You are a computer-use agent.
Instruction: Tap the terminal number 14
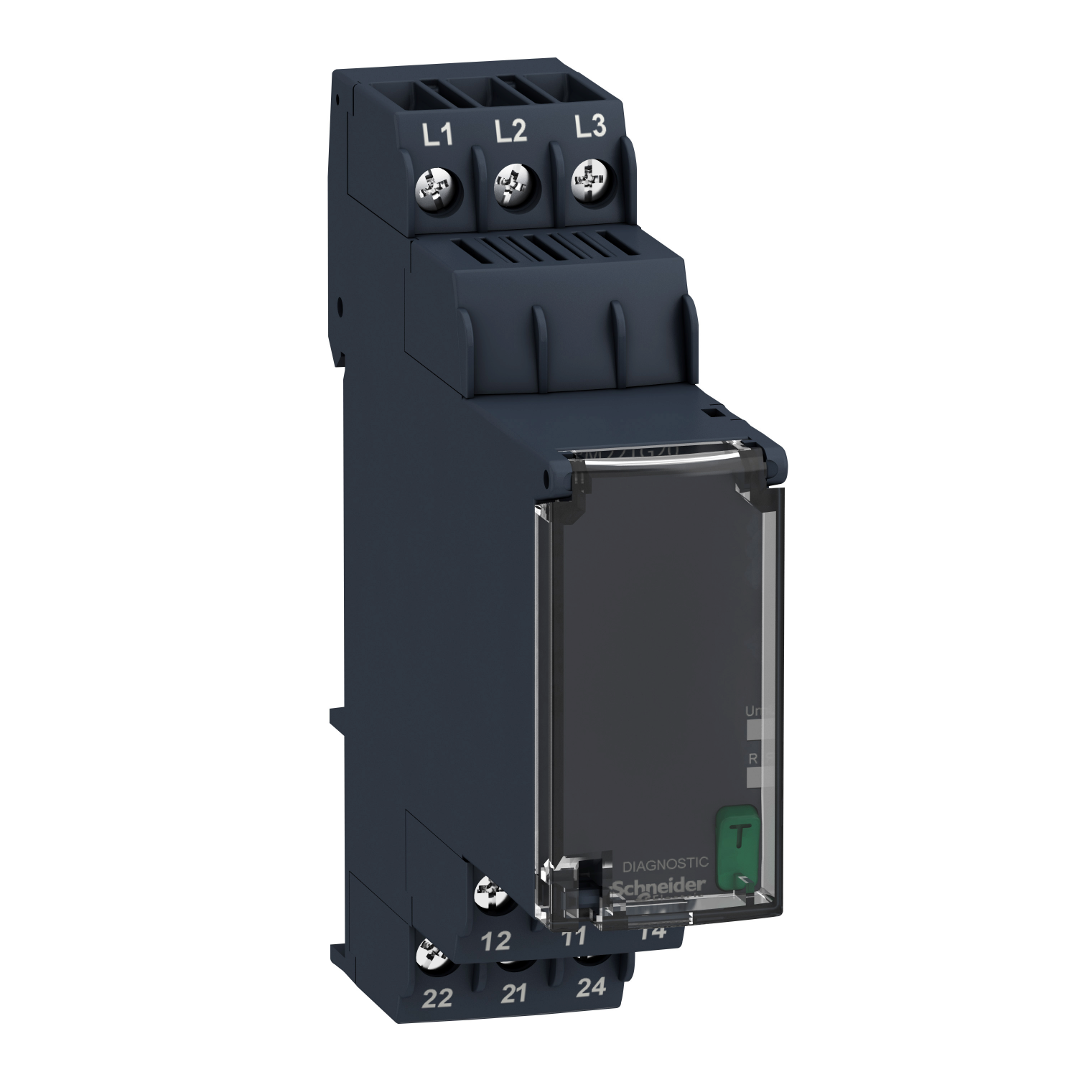[654, 933]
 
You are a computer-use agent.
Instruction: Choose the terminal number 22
[438, 999]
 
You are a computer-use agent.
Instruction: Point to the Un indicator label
[754, 711]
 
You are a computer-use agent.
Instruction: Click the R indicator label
[752, 757]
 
